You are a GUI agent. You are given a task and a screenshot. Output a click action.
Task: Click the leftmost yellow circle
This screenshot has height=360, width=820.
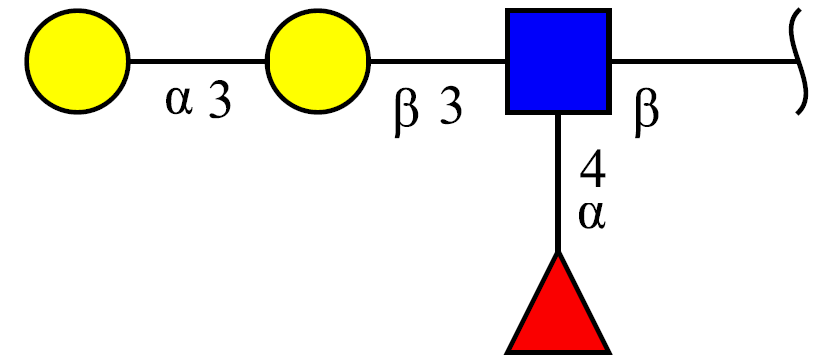point(77,61)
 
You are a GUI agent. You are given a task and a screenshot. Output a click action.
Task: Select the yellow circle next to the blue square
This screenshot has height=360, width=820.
point(318,61)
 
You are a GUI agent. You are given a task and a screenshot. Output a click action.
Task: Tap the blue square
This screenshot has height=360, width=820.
point(559,61)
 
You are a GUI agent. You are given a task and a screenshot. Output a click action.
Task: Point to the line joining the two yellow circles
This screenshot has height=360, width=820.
point(198,61)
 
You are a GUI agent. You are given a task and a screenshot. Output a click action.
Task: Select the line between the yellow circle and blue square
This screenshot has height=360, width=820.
point(438,61)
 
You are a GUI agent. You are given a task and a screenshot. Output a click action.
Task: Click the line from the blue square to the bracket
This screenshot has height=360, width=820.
point(705,61)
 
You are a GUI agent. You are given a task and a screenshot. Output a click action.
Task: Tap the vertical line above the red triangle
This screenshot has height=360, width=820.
point(559,183)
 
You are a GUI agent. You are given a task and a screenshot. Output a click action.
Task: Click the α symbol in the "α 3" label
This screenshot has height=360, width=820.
point(179,102)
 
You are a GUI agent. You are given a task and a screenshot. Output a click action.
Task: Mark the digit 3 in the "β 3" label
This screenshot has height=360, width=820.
point(451,108)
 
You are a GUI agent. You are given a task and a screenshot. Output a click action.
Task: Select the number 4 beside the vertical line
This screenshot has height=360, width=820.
point(593,172)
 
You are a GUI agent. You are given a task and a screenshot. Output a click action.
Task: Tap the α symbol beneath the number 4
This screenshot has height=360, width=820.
point(592,216)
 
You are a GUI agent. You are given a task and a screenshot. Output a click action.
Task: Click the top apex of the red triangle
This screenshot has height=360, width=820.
point(559,252)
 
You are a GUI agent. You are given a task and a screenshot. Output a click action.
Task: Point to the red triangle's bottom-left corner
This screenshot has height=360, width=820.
point(506,352)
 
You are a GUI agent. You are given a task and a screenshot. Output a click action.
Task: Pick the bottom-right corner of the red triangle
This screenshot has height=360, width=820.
point(610,352)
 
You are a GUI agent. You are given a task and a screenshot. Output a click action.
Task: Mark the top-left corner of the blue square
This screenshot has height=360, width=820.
point(506,9)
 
